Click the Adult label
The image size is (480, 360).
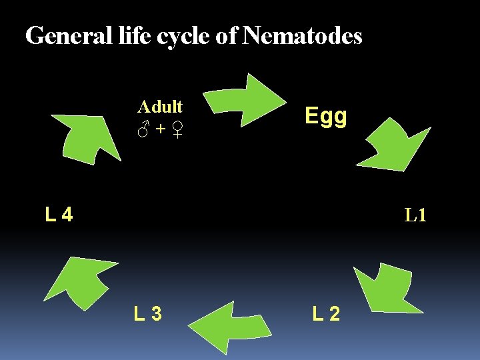click(x=160, y=107)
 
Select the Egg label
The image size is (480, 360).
click(x=325, y=117)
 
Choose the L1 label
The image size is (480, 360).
click(x=415, y=215)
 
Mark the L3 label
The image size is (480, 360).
click(x=147, y=313)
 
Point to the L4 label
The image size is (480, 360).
click(x=59, y=215)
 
